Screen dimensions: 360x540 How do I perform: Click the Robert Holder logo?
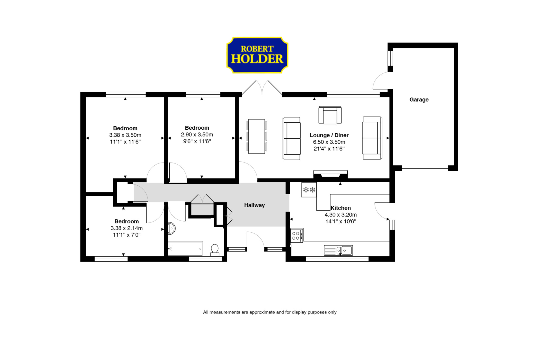(x=257, y=55)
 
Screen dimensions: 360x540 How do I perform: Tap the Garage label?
(x=419, y=100)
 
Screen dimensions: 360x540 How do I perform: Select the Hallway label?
(x=254, y=205)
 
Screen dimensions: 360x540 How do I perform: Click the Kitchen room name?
(x=341, y=208)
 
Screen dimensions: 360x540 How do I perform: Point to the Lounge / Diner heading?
(x=329, y=135)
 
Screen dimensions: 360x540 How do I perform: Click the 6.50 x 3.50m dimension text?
(x=329, y=142)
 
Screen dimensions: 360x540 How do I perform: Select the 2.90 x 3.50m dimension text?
(x=197, y=135)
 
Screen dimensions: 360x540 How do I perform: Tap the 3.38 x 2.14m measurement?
(x=127, y=228)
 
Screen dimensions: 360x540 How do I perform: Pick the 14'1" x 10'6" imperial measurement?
(x=341, y=222)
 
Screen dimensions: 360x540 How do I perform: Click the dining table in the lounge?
(x=256, y=136)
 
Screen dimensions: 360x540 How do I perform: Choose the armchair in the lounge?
(x=330, y=115)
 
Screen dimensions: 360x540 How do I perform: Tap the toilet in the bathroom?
(x=215, y=250)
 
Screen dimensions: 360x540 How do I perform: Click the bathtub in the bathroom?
(x=185, y=249)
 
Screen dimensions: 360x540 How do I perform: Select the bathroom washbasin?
(x=171, y=228)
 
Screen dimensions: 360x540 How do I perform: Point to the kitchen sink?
(x=338, y=250)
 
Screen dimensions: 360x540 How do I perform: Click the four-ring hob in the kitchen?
(x=296, y=236)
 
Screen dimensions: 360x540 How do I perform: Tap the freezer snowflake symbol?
(x=309, y=190)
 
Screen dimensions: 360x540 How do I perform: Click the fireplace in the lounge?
(x=330, y=174)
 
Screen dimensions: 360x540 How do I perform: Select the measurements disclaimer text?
(x=270, y=312)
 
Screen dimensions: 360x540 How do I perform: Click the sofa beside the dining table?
(x=292, y=138)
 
